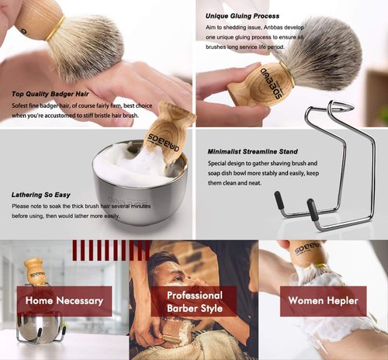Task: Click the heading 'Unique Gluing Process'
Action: coord(243,16)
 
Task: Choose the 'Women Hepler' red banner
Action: coord(323,301)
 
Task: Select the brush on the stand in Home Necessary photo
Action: coord(35,272)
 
